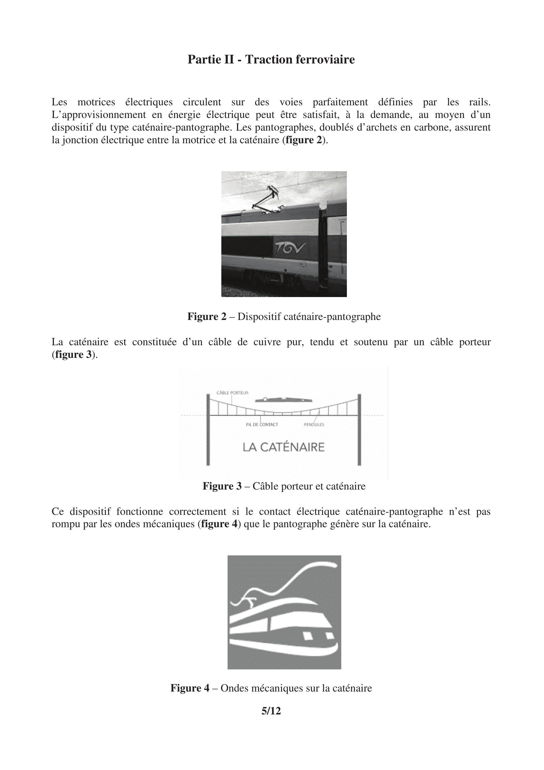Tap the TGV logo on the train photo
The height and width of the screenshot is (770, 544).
pos(291,248)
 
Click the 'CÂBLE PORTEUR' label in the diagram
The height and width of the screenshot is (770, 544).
pos(232,393)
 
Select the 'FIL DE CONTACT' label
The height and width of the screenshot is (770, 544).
pos(262,425)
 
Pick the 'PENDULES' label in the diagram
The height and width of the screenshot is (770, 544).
pos(314,425)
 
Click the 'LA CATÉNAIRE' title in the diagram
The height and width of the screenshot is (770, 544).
pos(283,447)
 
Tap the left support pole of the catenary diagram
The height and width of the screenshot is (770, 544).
pos(208,429)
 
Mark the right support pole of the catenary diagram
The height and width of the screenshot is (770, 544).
pos(359,429)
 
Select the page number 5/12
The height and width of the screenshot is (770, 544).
pos(271,711)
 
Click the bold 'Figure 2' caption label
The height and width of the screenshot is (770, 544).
pos(207,317)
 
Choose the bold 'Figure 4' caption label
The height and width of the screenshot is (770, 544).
pos(190,688)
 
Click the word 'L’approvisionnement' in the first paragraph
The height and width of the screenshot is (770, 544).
pos(99,115)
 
